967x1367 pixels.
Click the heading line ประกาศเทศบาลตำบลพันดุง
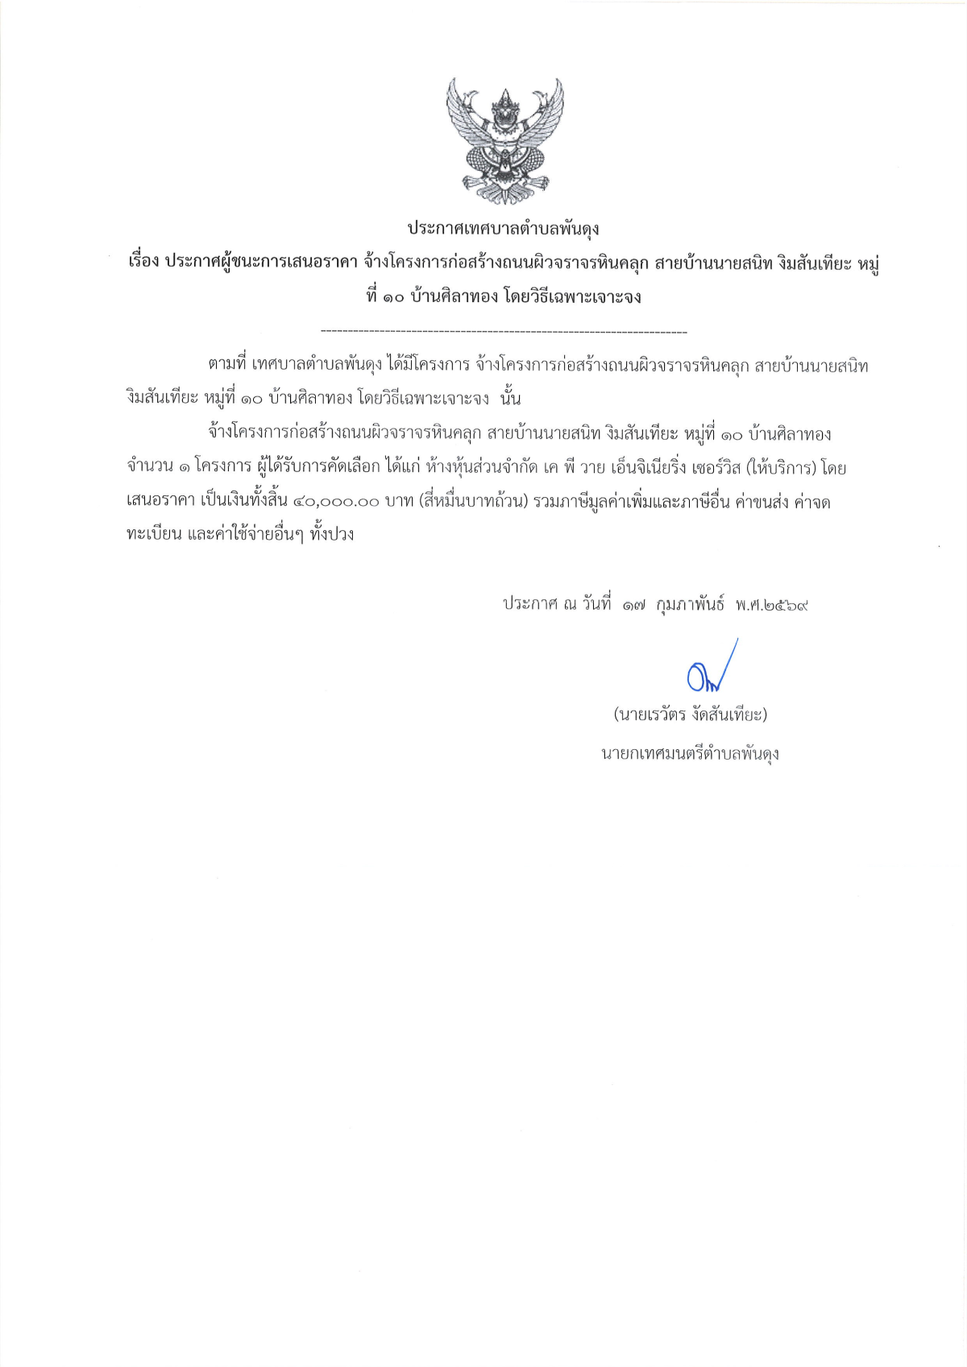503,229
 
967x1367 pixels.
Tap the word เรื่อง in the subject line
143,263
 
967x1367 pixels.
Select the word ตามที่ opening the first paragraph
226,366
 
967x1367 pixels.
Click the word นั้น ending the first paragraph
511,399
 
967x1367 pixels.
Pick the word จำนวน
150,467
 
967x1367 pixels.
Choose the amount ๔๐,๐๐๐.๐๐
335,502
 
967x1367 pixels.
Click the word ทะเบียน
154,535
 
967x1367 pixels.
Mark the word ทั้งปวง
332,535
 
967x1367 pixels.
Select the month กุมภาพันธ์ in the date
690,604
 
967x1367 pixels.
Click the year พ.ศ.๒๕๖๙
771,604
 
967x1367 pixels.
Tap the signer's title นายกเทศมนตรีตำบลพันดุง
690,755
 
